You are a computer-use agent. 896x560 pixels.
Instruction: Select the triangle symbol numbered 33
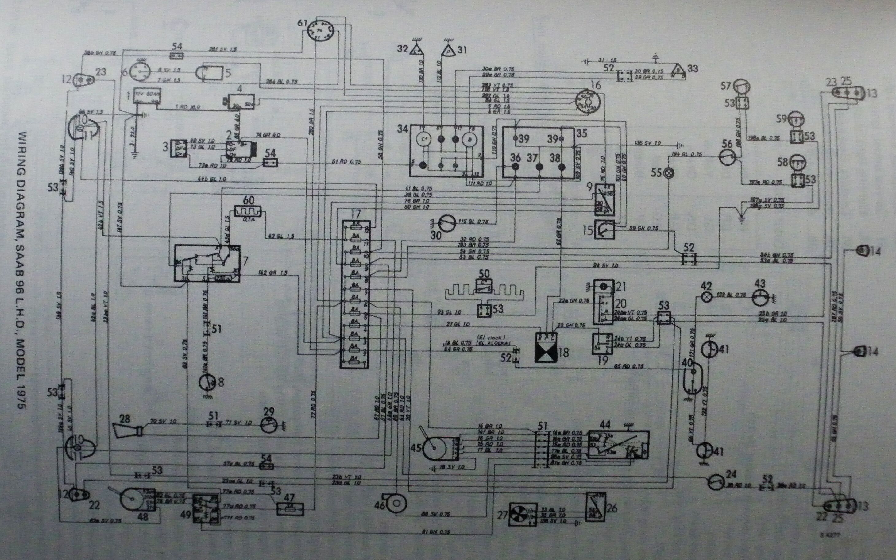click(x=678, y=69)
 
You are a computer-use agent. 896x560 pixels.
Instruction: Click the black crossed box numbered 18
click(x=546, y=347)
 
